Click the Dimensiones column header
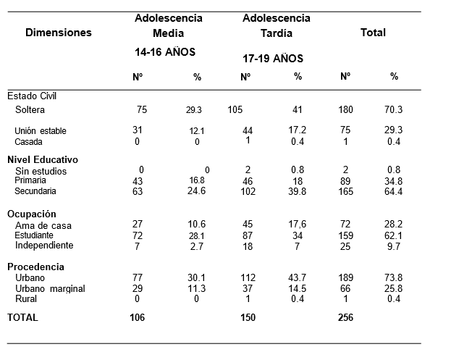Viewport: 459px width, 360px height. [59, 33]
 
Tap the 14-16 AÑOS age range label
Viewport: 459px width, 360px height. [165, 52]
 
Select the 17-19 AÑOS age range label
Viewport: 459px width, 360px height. [273, 59]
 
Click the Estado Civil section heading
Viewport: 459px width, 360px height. [32, 96]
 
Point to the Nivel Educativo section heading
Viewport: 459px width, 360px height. [43, 159]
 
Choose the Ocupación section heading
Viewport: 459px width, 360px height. [32, 214]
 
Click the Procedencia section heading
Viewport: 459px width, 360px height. [35, 267]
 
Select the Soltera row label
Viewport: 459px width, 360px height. [30, 110]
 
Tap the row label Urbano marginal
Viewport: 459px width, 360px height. [50, 289]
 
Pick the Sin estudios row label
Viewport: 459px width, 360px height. [41, 171]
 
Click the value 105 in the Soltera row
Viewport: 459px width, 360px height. [235, 110]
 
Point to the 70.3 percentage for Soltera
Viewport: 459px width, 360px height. [393, 110]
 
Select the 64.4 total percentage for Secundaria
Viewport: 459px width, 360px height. [393, 191]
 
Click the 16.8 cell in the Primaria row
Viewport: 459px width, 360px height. [197, 180]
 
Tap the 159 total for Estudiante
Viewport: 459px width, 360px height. [346, 236]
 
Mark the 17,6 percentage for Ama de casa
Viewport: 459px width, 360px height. [298, 225]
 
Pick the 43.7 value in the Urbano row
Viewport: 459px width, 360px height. [298, 277]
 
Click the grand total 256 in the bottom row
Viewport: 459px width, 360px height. [346, 317]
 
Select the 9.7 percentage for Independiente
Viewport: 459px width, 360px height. [394, 246]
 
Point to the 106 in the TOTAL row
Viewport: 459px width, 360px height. [138, 317]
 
